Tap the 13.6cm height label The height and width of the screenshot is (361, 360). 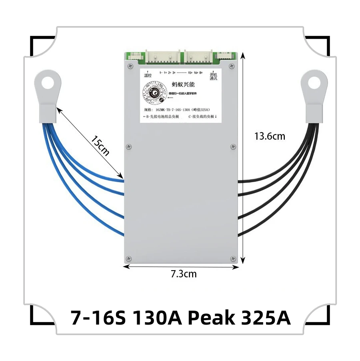(270, 136)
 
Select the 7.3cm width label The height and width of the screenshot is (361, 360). (184, 274)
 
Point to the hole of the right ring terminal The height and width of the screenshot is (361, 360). (314, 83)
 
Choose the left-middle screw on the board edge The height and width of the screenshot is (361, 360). (128, 146)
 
